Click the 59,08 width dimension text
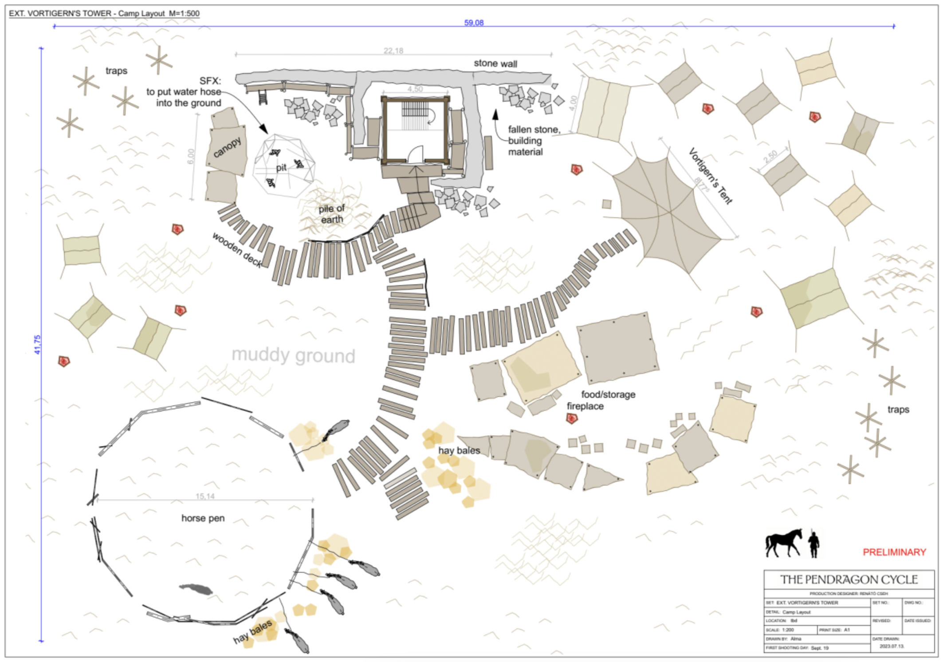coord(473,23)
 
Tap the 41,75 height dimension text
coord(37,344)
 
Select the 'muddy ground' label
coord(293,355)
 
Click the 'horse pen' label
coord(203,518)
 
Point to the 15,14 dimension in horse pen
coord(205,496)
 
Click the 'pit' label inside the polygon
coord(281,168)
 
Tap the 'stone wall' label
coord(495,63)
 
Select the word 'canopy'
coord(227,147)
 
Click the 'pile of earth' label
coord(331,214)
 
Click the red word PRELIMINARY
coord(894,552)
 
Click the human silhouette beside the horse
coord(813,544)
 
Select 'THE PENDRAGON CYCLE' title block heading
coord(849,579)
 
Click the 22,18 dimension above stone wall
coord(393,51)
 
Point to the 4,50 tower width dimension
coord(415,89)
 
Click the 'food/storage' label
coord(608,394)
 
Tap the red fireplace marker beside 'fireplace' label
coord(572,418)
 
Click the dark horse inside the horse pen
coord(196,589)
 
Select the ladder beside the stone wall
coord(263,97)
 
